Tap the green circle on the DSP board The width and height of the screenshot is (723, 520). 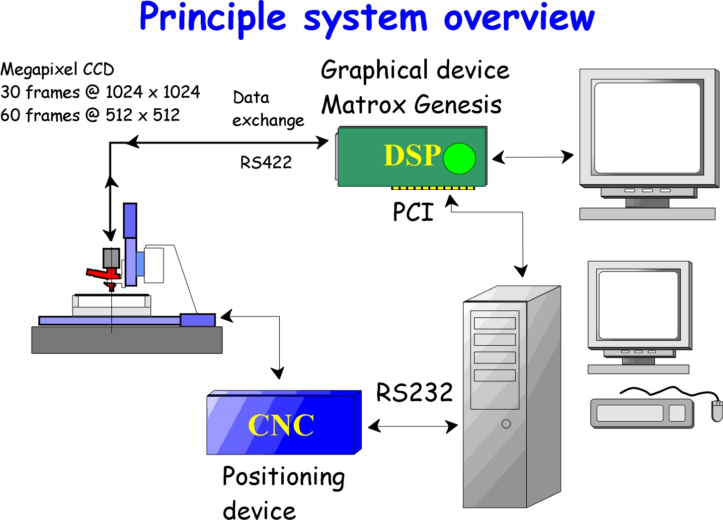459,158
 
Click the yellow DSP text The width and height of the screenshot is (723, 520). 412,155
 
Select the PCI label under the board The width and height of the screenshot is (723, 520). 413,212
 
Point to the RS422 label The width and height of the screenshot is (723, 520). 266,162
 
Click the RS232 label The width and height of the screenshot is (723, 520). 414,393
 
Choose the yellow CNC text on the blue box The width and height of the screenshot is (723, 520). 281,425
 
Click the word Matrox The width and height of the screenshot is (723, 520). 364,105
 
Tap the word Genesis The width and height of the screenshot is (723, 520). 458,105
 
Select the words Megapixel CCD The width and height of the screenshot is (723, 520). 58,70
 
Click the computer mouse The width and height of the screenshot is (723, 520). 717,411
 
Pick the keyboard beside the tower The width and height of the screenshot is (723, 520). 642,413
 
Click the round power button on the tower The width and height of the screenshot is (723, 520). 506,424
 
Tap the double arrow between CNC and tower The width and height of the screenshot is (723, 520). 413,426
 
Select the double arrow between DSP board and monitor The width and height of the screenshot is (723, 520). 533,157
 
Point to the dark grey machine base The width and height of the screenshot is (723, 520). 127,340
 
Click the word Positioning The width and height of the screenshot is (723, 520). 284,477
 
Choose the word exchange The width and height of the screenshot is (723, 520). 268,121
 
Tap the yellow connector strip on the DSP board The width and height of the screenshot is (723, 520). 432,188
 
